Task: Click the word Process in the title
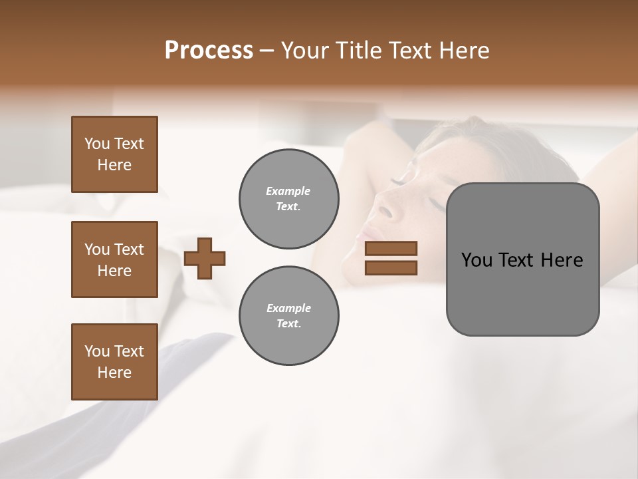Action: [209, 51]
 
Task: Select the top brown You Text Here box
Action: [114, 154]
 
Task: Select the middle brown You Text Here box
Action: [114, 259]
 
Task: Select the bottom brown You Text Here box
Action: [114, 361]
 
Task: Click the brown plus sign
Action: [205, 258]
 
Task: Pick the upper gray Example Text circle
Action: [288, 199]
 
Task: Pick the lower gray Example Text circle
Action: [288, 316]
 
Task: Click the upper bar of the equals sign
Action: [391, 248]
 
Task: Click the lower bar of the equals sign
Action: [391, 267]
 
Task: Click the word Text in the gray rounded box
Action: [521, 260]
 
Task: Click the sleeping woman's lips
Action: [367, 234]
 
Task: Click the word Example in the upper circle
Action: [288, 191]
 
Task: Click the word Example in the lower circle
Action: [288, 308]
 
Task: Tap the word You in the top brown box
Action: [96, 144]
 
